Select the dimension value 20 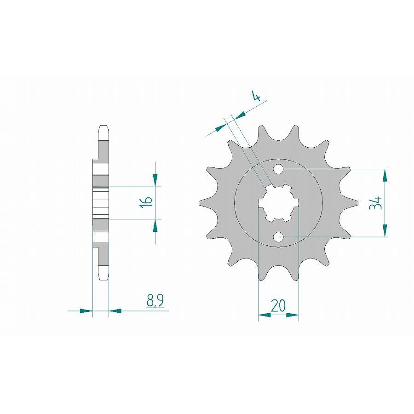click(278, 305)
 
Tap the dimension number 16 click(146, 203)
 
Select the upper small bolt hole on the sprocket click(278, 169)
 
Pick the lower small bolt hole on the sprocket click(278, 237)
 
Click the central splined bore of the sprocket click(278, 203)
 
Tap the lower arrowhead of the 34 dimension click(385, 231)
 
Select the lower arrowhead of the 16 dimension click(155, 225)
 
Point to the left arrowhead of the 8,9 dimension click(86, 311)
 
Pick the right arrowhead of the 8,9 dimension click(115, 311)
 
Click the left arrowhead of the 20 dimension click(264, 316)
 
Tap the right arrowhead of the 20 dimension click(293, 316)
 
